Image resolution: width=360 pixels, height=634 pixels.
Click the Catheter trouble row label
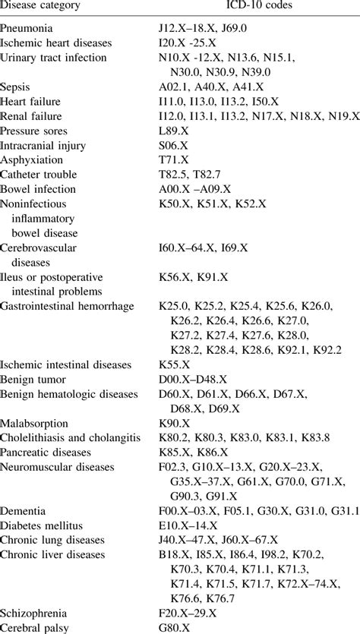pos(37,173)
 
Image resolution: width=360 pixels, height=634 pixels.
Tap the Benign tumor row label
pos(33,379)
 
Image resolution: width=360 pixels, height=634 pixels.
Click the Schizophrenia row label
pos(33,613)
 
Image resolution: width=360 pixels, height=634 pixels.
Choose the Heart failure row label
pos(30,101)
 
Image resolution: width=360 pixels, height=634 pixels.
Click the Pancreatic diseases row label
pos(46,451)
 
